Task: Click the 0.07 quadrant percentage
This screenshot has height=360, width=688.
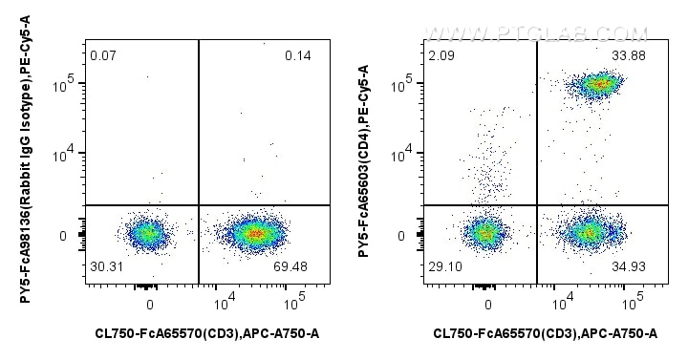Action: tap(103, 55)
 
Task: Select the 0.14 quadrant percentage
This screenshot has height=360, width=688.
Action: tap(298, 55)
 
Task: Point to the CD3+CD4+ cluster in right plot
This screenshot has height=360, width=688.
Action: tap(599, 84)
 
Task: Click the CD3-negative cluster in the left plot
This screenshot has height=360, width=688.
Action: tap(147, 232)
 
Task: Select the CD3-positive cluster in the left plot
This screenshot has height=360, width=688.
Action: tap(252, 232)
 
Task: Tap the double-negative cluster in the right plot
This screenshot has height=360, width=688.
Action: tap(486, 232)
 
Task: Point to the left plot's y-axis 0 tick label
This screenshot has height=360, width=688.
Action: tap(64, 235)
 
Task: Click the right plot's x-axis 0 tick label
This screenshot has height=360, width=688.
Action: tap(488, 305)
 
